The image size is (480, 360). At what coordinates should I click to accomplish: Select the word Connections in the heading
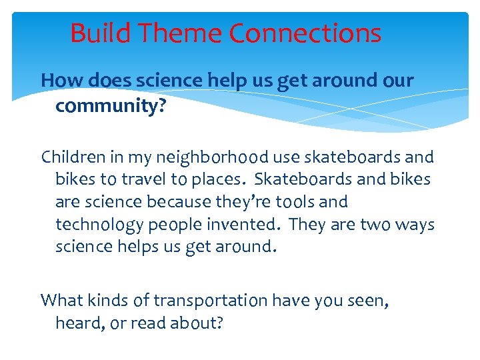[305, 33]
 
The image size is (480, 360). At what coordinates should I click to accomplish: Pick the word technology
[97, 225]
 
